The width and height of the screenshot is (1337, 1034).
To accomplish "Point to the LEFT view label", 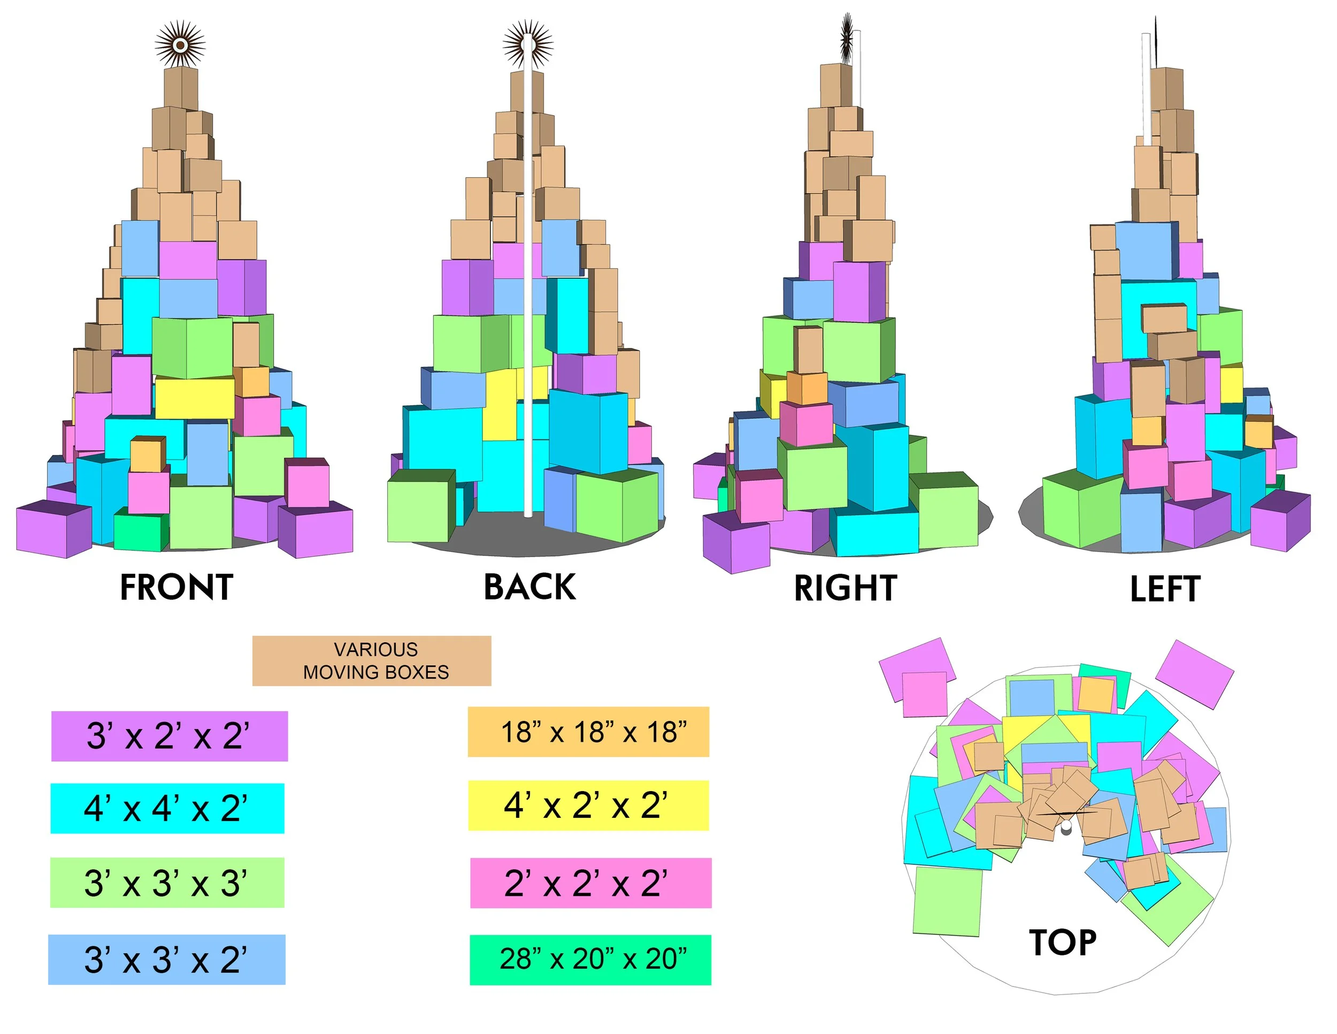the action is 1165,589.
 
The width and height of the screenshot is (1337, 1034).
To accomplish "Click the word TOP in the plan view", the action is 1063,942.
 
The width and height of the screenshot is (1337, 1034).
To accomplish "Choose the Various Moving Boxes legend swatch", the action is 372,661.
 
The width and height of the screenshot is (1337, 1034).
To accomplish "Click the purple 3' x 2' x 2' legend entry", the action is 169,736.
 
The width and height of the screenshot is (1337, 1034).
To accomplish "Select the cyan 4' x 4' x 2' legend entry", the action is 167,808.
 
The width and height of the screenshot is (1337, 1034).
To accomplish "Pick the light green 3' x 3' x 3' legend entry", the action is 167,883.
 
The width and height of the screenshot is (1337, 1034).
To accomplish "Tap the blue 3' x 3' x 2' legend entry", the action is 166,959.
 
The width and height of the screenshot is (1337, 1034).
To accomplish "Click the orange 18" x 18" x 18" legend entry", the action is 588,732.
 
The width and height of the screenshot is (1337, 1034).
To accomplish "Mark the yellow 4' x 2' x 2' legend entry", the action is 588,805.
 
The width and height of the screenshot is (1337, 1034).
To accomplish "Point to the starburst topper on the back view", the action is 528,45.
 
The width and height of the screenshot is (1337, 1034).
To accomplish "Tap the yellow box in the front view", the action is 194,398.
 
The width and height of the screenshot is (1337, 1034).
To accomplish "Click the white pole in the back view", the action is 527,306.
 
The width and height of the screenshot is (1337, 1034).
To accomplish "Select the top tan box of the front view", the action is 181,87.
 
